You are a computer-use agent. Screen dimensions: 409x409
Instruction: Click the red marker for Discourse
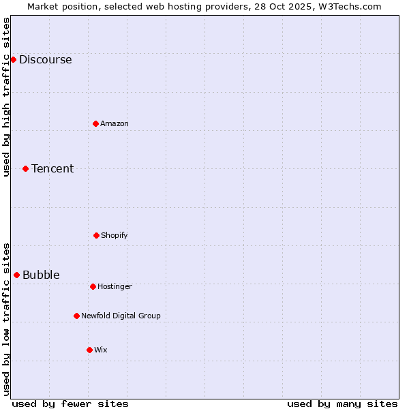(13, 59)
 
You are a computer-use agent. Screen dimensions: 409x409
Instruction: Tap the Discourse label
(45, 59)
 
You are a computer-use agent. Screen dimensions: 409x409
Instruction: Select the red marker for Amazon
(96, 123)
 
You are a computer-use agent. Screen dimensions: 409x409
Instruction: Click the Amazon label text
(115, 123)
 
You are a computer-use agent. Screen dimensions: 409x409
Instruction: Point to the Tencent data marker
(25, 168)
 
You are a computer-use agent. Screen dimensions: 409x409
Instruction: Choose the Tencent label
(52, 168)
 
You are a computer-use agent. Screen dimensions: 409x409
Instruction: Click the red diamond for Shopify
(96, 235)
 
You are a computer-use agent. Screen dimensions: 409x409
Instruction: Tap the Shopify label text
(115, 235)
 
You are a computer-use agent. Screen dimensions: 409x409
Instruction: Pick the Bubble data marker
(16, 275)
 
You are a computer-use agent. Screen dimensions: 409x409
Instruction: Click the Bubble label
(41, 275)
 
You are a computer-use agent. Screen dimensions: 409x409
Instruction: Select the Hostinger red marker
(93, 286)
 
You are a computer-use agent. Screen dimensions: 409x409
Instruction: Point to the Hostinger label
(115, 286)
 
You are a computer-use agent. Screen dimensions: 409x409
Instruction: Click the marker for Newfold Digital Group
(76, 316)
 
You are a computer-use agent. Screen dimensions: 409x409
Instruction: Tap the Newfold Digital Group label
(121, 316)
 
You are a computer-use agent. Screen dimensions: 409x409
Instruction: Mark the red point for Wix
(89, 350)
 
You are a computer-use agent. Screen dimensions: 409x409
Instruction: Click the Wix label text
(101, 350)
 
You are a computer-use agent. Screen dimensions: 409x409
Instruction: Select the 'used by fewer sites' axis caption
(70, 404)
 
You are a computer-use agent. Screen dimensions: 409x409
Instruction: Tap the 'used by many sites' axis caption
(342, 404)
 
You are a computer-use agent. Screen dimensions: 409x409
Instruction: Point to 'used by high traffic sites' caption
(6, 97)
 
